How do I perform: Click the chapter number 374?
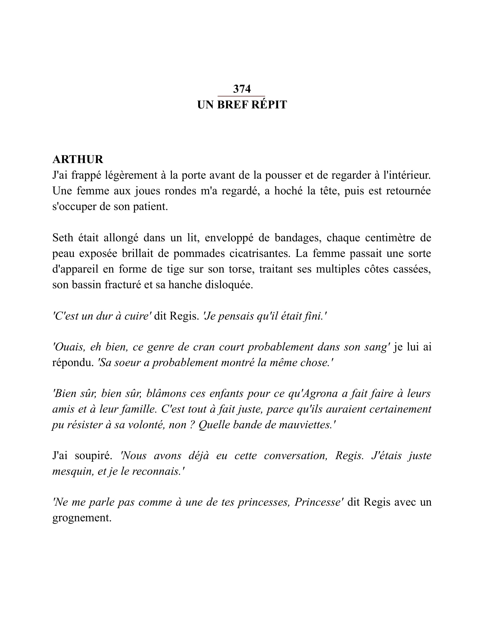click(x=242, y=89)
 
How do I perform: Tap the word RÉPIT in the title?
click(x=269, y=105)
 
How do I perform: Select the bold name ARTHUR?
click(x=78, y=159)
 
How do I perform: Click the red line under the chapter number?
click(x=241, y=96)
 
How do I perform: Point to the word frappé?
click(x=86, y=175)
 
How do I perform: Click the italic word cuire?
click(x=138, y=316)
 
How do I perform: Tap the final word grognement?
click(x=82, y=518)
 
